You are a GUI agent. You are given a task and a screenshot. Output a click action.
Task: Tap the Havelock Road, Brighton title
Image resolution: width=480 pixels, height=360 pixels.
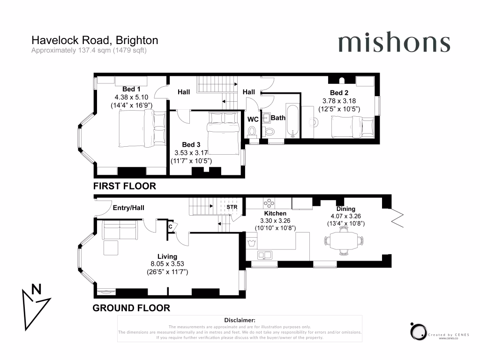[x=95, y=40]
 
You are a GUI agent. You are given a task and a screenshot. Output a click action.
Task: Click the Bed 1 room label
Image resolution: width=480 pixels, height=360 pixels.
[x=131, y=89]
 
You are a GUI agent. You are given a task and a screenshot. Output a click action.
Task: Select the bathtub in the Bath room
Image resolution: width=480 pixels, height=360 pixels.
[x=292, y=121]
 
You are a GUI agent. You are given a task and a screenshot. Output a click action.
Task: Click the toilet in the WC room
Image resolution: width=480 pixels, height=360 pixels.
[x=252, y=132]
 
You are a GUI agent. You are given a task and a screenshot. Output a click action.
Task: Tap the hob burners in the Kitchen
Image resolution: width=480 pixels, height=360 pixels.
[x=269, y=203]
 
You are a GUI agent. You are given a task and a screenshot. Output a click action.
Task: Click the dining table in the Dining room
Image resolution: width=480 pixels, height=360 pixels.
[x=344, y=241]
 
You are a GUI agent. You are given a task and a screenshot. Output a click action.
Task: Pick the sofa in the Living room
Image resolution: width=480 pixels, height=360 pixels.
[x=120, y=230]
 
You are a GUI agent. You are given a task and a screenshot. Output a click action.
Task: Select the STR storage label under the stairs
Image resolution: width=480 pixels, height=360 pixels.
[x=232, y=207]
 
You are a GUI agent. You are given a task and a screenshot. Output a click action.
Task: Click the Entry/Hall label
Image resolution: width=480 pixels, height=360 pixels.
[x=128, y=208]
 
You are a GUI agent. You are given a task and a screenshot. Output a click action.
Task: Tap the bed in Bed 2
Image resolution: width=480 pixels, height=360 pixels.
[x=352, y=127]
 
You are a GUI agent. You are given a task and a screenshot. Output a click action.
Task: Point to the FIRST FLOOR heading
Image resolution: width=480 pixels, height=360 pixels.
[x=125, y=186]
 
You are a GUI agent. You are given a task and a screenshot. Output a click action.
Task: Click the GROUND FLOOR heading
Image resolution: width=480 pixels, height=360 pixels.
[x=131, y=308]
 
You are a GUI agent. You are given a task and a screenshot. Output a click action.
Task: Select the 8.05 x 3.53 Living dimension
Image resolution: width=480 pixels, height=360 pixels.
[x=167, y=263]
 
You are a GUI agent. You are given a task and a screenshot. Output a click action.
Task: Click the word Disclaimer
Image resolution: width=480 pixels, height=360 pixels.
[x=240, y=320]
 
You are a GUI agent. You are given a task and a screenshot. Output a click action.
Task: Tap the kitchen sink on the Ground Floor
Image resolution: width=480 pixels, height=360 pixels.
[x=265, y=255]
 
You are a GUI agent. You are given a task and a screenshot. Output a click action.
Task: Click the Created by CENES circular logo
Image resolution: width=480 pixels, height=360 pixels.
[x=419, y=331]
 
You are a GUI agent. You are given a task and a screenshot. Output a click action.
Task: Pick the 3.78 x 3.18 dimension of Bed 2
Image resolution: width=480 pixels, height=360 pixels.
[x=339, y=101]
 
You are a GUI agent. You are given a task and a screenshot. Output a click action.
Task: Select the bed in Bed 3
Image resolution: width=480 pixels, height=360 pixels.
[x=223, y=134]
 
